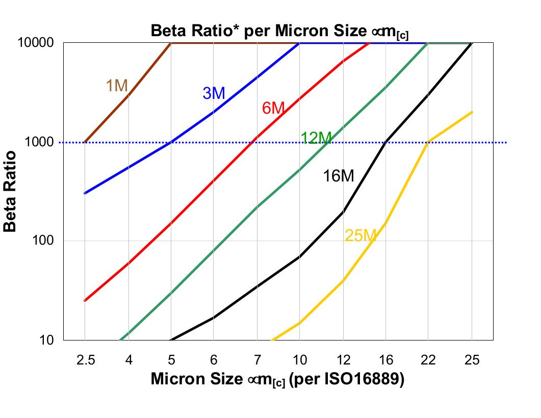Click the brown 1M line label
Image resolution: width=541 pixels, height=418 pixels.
click(117, 86)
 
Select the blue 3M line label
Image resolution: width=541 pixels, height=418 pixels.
click(214, 93)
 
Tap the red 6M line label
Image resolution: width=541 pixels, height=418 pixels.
click(273, 108)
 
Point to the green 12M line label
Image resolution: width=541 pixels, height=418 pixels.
click(316, 138)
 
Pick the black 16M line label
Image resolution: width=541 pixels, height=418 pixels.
click(338, 176)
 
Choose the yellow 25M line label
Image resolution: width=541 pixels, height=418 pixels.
click(360, 236)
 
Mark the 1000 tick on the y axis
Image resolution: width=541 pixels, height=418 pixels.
click(39, 142)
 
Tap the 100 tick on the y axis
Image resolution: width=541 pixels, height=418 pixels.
click(43, 241)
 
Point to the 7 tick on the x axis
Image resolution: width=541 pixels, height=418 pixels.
click(256, 360)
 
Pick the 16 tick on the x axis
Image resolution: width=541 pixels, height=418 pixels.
click(386, 360)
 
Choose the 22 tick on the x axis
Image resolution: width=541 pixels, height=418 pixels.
click(428, 360)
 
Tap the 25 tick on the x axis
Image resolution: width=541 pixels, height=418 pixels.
click(472, 360)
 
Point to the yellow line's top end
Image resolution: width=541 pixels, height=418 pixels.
click(472, 112)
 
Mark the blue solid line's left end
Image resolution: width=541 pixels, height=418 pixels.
click(85, 194)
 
